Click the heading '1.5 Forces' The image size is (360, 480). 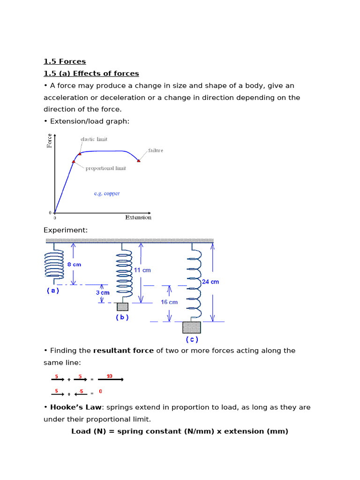click(65, 61)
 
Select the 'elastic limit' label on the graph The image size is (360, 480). click(94, 139)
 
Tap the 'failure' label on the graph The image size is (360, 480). click(156, 150)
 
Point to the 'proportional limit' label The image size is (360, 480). click(105, 168)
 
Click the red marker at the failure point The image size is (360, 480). click(138, 160)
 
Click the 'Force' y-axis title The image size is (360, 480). click(50, 141)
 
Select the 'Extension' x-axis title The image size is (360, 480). click(138, 217)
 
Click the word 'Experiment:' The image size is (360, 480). click(66, 230)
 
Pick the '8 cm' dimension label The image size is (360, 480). click(74, 264)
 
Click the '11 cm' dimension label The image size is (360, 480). click(142, 270)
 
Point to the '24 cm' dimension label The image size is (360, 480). click(210, 282)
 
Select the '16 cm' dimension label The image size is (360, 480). click(169, 302)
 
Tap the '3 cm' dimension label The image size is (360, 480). click(103, 292)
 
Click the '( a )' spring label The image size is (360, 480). click(53, 291)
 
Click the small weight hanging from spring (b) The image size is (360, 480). click(122, 307)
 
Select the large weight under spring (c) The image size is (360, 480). click(192, 327)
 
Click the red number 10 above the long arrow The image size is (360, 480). click(110, 376)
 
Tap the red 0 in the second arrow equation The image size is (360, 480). click(101, 391)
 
